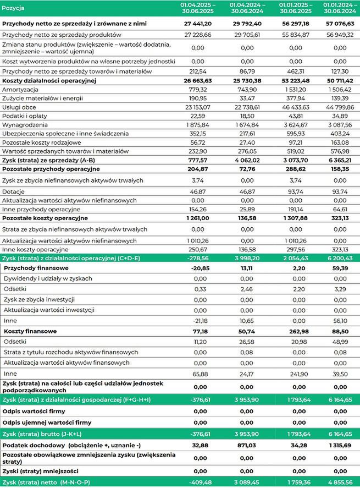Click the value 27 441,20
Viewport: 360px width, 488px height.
tap(198, 25)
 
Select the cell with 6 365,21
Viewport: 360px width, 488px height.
tap(334, 160)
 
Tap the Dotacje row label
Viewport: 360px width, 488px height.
tap(14, 191)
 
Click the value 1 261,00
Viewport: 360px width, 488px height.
tap(198, 218)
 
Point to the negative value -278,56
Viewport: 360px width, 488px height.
tap(198, 257)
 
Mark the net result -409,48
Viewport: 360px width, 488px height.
tap(198, 482)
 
